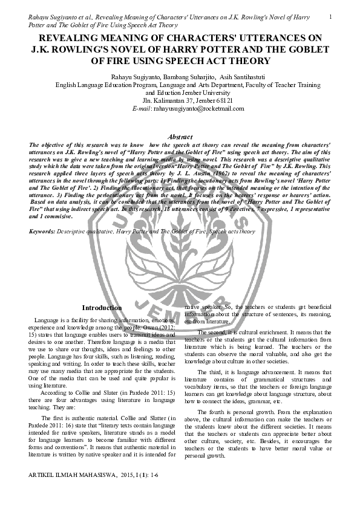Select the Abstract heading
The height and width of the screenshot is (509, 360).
tap(180, 138)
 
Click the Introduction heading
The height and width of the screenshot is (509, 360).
tap(102, 308)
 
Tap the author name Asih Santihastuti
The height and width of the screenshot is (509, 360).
tap(227, 77)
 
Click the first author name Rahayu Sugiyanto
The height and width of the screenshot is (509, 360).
tap(133, 77)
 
